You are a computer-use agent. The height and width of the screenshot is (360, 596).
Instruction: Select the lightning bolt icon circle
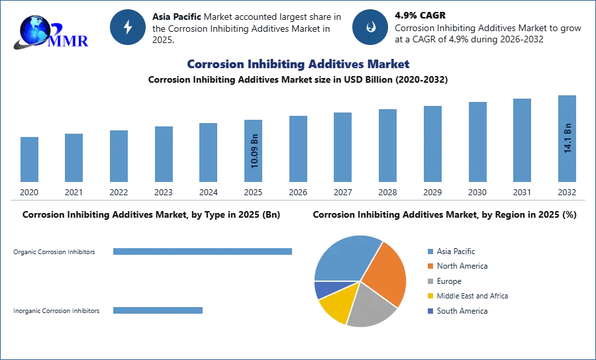(128, 27)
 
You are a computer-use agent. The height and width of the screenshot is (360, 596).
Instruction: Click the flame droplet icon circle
(371, 27)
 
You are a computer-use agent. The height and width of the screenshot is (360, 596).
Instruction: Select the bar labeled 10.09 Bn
(254, 151)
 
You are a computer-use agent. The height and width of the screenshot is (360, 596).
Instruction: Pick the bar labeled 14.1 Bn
(567, 140)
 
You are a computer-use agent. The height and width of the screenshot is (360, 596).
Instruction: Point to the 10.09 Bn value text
(254, 151)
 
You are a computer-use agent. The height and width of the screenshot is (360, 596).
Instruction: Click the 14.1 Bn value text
(568, 137)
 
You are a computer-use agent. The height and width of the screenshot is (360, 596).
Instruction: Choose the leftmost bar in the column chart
(29, 159)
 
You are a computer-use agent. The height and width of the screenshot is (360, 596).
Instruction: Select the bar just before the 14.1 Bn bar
(521, 140)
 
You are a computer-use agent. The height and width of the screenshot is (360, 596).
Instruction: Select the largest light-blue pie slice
(344, 258)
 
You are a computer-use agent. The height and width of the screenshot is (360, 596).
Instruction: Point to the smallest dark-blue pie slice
(322, 289)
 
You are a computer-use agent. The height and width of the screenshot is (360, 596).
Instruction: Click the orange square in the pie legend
(430, 266)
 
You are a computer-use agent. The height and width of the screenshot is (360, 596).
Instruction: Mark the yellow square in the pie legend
(430, 296)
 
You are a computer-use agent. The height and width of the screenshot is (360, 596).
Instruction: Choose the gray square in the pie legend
(430, 281)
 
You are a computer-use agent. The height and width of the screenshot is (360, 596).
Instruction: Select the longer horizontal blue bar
(203, 251)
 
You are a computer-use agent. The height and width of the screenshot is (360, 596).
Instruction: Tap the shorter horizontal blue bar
(159, 312)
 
